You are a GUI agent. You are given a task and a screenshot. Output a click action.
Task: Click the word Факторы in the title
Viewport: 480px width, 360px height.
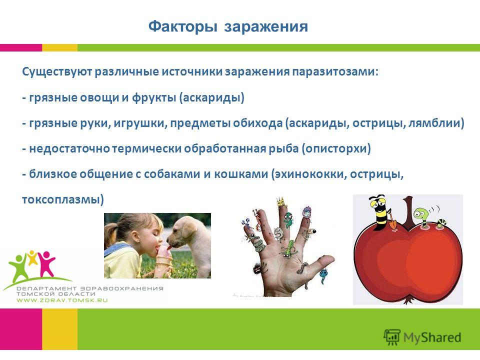(183, 27)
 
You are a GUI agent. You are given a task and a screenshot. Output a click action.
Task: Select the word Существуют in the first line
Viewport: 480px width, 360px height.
(57, 72)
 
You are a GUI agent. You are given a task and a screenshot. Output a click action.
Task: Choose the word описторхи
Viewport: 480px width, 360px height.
(336, 149)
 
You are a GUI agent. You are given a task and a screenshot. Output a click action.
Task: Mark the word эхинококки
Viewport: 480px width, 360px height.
(310, 174)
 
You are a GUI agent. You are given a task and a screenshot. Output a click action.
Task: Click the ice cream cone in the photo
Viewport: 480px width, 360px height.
(164, 259)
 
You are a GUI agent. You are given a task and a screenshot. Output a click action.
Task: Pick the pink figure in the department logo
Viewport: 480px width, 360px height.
(46, 263)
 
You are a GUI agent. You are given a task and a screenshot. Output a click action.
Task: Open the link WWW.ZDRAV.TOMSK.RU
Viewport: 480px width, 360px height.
(62, 300)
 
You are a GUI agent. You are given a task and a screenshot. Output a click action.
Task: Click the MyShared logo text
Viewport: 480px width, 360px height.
(432, 337)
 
